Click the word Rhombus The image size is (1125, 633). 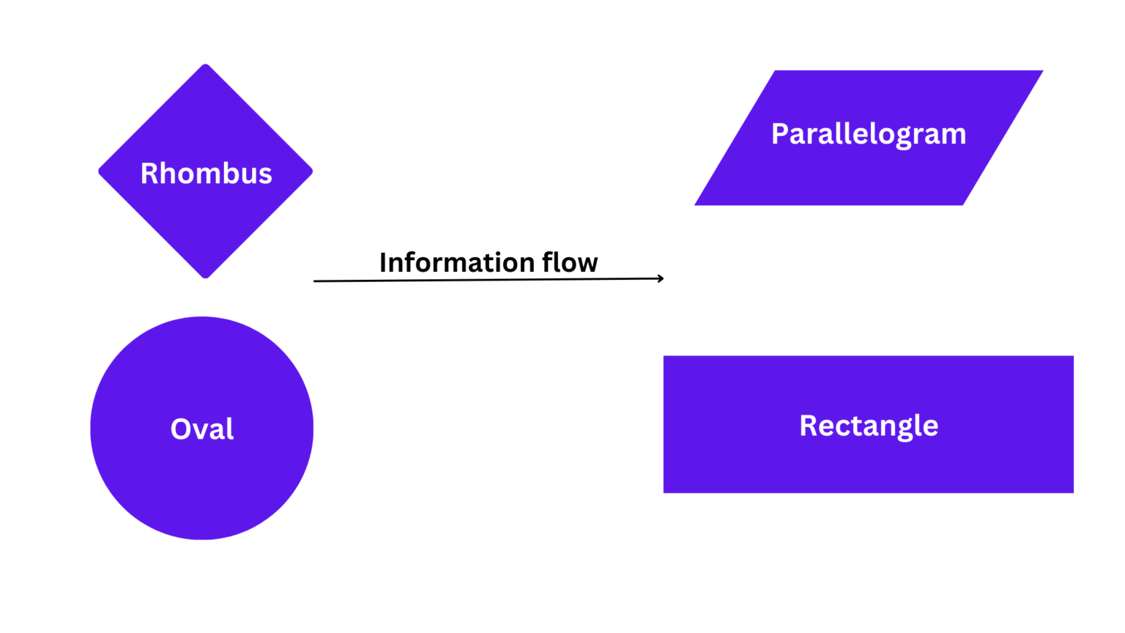click(x=206, y=174)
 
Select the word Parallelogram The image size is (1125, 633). click(x=869, y=135)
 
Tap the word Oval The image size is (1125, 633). click(x=202, y=429)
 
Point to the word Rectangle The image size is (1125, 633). click(x=869, y=426)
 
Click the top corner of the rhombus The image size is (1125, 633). click(x=206, y=64)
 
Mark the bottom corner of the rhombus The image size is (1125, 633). click(x=206, y=278)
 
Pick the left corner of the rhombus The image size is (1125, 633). click(x=100, y=171)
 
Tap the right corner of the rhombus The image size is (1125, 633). click(x=312, y=171)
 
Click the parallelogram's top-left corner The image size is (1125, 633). click(x=775, y=71)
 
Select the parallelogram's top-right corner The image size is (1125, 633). click(x=1042, y=71)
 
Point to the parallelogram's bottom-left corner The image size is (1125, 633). click(x=696, y=205)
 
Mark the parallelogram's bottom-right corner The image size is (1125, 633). click(x=963, y=205)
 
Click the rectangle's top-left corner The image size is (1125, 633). click(x=664, y=357)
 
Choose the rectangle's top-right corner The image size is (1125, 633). click(x=1074, y=357)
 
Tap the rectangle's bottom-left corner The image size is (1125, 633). click(x=664, y=492)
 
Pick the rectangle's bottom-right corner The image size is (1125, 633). click(x=1074, y=492)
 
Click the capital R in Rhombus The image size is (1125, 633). click(x=149, y=174)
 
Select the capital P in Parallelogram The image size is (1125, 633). click(x=781, y=134)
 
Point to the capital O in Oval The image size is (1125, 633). click(x=182, y=429)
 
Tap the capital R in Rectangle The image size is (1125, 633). click(x=809, y=426)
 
